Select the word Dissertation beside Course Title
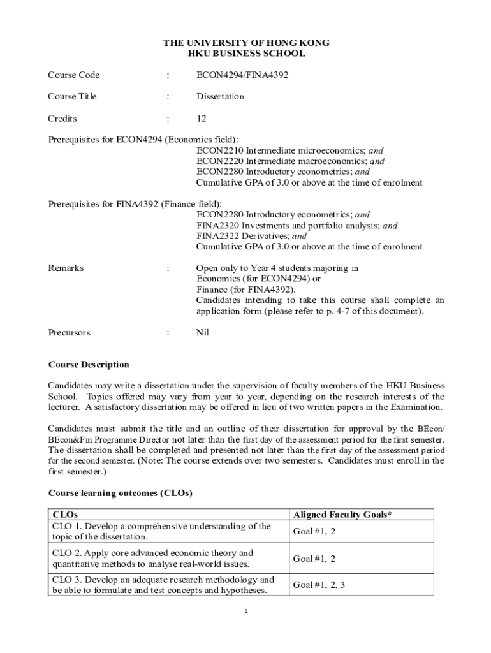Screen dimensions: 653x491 coord(220,97)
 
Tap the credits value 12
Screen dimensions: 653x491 coord(202,119)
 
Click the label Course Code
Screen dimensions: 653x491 coord(74,75)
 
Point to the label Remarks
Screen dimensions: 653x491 coord(66,268)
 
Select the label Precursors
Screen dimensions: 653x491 coord(70,333)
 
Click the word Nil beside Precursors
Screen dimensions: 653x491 coord(203,333)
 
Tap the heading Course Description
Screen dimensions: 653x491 coord(89,365)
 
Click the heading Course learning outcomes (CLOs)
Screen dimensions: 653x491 coord(121,494)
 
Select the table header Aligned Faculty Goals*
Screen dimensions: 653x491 coord(342,515)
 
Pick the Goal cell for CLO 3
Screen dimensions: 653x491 coord(319,585)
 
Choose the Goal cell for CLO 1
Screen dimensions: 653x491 coord(314,532)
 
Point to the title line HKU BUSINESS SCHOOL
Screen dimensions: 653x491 coord(246,54)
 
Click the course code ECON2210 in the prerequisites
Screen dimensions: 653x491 coord(219,151)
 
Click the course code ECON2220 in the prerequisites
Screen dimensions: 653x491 coord(219,161)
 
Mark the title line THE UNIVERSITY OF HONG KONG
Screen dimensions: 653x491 coord(246,43)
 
